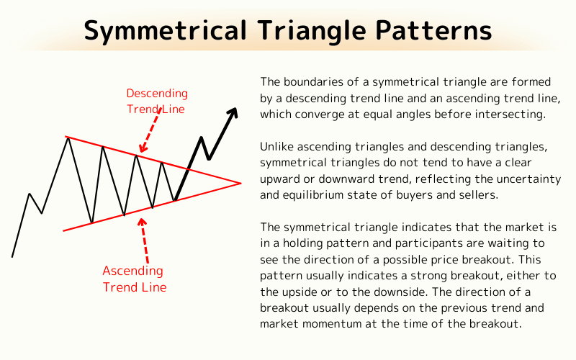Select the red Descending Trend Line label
pyautogui.click(x=156, y=102)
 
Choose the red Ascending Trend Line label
pyautogui.click(x=134, y=279)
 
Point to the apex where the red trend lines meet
pyautogui.click(x=240, y=183)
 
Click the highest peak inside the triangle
pyautogui.click(x=68, y=138)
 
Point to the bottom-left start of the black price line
pyautogui.click(x=12, y=256)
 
